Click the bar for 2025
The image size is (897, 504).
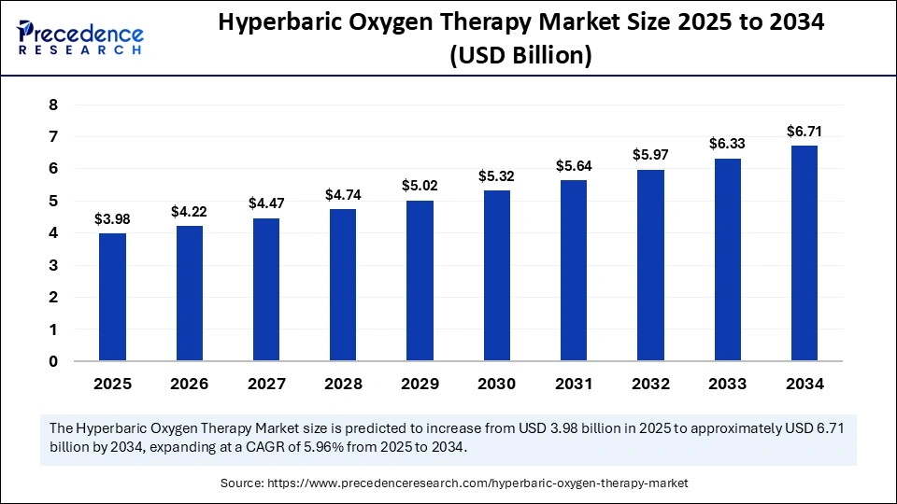[x=112, y=297]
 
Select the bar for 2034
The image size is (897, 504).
[x=804, y=253]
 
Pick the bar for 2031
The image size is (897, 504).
[x=574, y=270]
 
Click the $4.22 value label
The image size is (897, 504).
[x=189, y=212]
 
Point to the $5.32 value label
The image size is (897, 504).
[x=497, y=176]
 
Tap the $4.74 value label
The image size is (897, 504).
[x=343, y=195]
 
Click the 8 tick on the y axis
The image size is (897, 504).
[x=53, y=105]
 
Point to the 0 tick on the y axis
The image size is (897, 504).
[x=53, y=361]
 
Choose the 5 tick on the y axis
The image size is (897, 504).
[x=53, y=201]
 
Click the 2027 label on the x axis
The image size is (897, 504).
[x=266, y=384]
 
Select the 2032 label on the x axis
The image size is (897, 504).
[x=650, y=384]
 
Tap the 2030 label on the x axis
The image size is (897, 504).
[x=497, y=384]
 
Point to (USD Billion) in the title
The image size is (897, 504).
[x=520, y=56]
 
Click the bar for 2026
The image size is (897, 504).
[x=189, y=293]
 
